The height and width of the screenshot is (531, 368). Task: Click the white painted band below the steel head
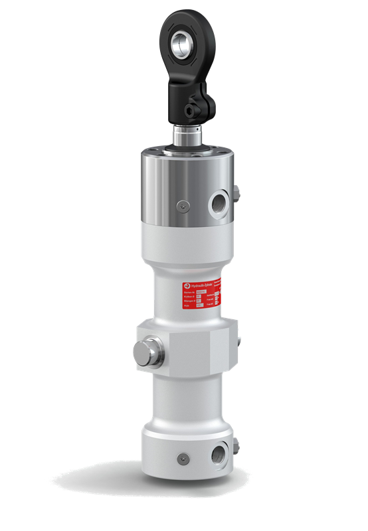(188, 235)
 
